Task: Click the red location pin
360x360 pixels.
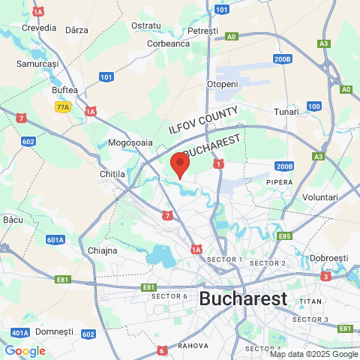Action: click(180, 164)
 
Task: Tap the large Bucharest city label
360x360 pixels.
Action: click(243, 298)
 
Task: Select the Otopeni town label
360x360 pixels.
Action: click(222, 84)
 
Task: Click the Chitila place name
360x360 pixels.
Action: click(112, 174)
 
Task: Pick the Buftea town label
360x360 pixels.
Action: click(64, 90)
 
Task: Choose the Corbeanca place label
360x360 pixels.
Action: click(169, 43)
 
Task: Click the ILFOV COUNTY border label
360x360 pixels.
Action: click(203, 120)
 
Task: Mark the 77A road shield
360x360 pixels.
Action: click(62, 107)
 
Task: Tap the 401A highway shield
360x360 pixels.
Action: click(19, 332)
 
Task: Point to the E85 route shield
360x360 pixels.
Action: click(284, 236)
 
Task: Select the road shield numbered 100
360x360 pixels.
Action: click(314, 106)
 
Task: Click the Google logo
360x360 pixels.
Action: click(25, 350)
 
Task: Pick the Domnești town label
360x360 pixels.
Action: click(54, 331)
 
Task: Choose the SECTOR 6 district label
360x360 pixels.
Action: click(169, 296)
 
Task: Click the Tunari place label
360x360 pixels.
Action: click(286, 112)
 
